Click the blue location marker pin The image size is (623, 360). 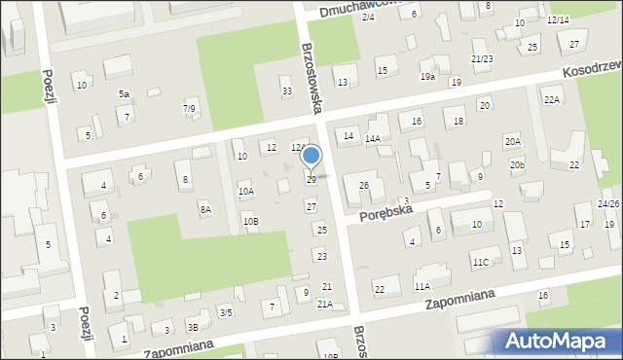(311, 157)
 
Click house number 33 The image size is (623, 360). (286, 91)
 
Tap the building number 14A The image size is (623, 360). (372, 139)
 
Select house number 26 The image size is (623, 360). (364, 185)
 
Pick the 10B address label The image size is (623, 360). (250, 222)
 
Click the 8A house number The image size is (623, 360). (205, 209)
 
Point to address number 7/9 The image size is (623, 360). (189, 108)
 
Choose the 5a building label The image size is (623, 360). (124, 93)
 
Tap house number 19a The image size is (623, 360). (427, 76)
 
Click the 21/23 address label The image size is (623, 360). (482, 59)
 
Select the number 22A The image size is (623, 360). (552, 100)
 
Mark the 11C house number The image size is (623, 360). (481, 263)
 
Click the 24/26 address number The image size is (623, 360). (608, 203)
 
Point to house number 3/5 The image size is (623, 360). (226, 312)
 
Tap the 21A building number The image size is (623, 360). (325, 305)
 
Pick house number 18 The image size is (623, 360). (458, 121)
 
